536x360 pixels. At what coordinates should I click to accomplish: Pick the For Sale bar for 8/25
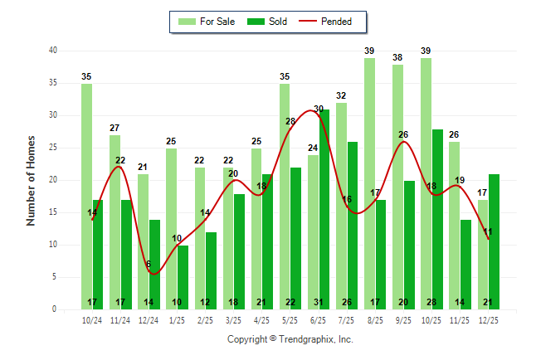coord(369,183)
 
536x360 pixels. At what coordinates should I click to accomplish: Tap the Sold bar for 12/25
coord(494,241)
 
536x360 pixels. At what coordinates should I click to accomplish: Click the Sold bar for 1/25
coord(183,277)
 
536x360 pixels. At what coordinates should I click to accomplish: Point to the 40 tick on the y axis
coord(52,51)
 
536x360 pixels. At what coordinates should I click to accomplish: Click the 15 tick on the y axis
coord(52,212)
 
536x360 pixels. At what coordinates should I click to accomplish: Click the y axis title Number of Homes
coord(31,180)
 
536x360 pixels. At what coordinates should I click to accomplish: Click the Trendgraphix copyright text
coord(290,339)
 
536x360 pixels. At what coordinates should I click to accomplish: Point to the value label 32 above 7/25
coord(341,95)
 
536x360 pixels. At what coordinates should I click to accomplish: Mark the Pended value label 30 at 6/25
coord(319,109)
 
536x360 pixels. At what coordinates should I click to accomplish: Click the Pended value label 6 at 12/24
coord(149,265)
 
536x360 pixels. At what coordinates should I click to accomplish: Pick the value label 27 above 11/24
coord(115,128)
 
